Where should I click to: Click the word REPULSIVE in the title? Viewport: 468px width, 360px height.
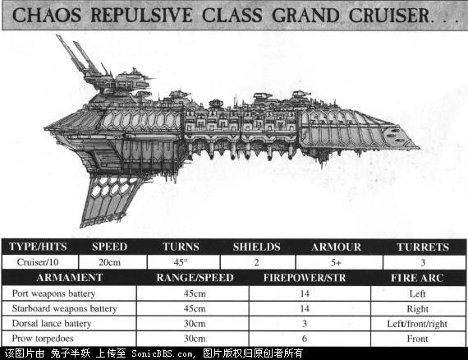(x=141, y=16)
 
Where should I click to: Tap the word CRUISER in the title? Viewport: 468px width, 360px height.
(x=389, y=16)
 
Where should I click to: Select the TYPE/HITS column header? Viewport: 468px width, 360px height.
(x=38, y=247)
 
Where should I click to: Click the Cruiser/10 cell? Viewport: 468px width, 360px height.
(x=38, y=262)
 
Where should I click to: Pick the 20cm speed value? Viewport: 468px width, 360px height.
(x=109, y=262)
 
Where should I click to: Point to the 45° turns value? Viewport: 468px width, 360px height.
(x=181, y=262)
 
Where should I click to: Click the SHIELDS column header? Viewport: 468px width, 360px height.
(x=257, y=247)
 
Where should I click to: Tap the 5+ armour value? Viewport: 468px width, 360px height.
(x=336, y=263)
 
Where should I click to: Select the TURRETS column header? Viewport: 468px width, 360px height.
(x=423, y=247)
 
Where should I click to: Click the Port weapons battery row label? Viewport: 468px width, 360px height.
(x=53, y=293)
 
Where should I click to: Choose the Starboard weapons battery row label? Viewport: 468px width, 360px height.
(x=65, y=308)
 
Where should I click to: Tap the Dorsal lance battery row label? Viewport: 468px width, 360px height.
(x=52, y=324)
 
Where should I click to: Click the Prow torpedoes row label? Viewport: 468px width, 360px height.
(x=43, y=339)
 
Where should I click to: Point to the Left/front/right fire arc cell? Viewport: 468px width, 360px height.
(x=417, y=324)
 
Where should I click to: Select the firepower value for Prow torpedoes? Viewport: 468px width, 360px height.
(x=305, y=339)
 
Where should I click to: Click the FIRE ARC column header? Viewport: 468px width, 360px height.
(x=417, y=278)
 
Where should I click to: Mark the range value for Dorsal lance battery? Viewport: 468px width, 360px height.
(x=195, y=324)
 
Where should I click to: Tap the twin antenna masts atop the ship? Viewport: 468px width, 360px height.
(x=78, y=57)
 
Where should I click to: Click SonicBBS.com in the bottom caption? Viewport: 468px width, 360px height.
(x=163, y=353)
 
